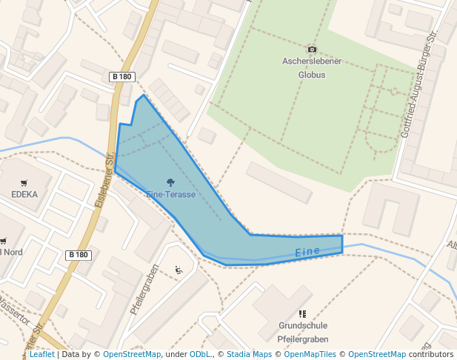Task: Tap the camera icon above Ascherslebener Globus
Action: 312,50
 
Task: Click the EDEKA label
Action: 24,195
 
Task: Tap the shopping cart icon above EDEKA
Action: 24,183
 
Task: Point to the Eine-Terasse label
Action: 171,194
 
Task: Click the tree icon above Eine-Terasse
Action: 171,182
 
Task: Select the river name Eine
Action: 307,253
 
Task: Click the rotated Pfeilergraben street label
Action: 145,290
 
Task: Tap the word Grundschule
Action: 302,326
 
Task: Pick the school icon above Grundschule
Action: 302,314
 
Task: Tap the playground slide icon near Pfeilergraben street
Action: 178,270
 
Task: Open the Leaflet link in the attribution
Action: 42,355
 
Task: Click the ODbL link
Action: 200,355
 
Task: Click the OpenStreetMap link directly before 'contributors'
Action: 377,355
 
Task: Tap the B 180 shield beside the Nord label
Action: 78,255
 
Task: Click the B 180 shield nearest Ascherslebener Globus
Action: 121,77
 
